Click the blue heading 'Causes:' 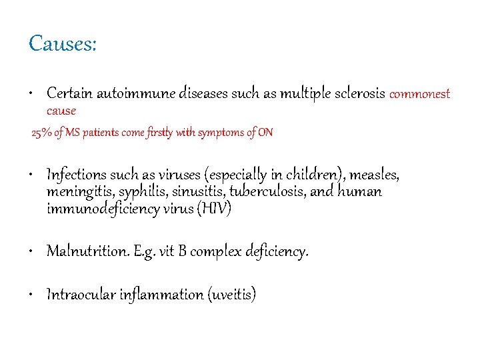[x=63, y=44]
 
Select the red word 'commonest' [x=419, y=94]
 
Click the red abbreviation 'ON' [x=265, y=133]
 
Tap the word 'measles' [x=375, y=176]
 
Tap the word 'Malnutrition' [x=85, y=251]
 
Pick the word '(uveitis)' [x=231, y=295]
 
